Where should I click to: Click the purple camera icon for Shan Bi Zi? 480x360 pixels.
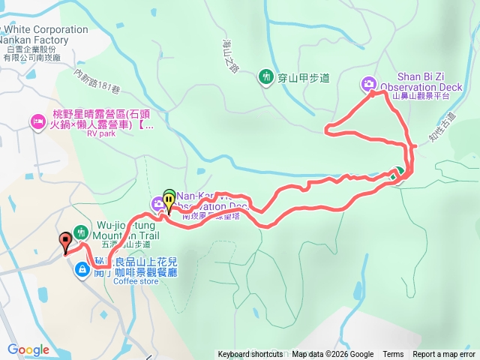coord(369,83)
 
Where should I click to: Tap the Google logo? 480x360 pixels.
coord(28,349)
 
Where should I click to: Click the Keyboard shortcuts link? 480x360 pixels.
coord(250,355)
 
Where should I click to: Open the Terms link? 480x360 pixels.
coord(393,355)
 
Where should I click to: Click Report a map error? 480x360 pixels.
coord(444,355)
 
